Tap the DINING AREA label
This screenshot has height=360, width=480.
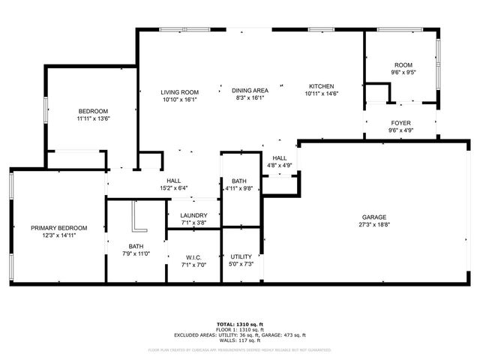(250, 90)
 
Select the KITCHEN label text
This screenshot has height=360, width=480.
(322, 86)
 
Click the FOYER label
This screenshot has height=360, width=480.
(400, 122)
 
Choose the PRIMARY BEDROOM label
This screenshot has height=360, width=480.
(58, 228)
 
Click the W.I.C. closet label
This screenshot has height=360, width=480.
(193, 257)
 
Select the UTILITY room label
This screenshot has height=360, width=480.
(241, 257)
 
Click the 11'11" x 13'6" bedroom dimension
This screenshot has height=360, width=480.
(93, 118)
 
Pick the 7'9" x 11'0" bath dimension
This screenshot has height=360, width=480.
(136, 253)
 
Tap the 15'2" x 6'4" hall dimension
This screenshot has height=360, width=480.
(173, 188)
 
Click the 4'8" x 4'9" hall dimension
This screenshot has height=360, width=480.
(280, 165)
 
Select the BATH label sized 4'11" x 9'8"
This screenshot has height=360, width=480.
(239, 181)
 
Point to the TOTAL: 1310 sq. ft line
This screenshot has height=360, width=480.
(240, 323)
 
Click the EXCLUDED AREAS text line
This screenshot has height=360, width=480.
(240, 334)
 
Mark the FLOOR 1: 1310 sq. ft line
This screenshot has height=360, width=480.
(240, 329)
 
